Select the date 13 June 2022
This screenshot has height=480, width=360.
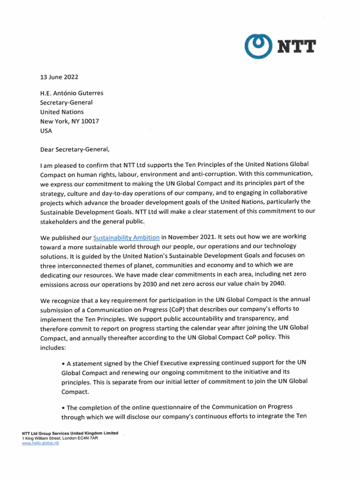tap(59, 77)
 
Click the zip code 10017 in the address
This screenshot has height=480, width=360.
tap(89, 121)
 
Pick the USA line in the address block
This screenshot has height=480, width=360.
tap(46, 131)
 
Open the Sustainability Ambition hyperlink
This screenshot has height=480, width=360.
tap(126, 238)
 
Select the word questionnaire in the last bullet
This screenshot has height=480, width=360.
tap(184, 407)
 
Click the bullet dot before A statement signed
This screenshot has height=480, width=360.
tap(63, 363)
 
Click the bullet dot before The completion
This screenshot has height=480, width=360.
tap(63, 407)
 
